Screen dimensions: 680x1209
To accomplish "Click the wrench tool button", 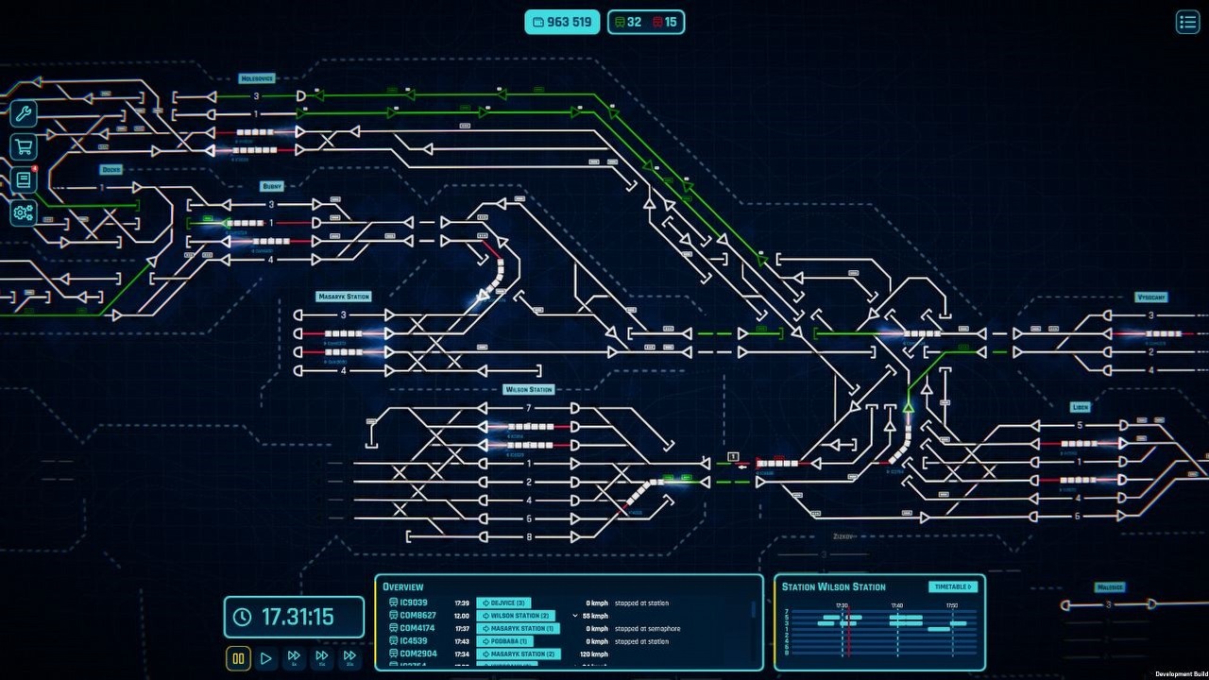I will point(24,115).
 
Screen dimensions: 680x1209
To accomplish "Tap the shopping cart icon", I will point(24,146).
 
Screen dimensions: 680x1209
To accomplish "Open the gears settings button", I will point(24,212).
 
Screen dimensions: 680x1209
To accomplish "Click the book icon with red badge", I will point(24,179).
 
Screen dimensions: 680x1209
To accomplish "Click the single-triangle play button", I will point(266,658).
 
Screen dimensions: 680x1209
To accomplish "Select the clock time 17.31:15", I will point(295,617).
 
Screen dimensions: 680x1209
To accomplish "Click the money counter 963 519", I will point(563,22).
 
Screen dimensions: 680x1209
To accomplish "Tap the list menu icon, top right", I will point(1187,22).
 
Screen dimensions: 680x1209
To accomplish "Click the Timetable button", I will point(953,586).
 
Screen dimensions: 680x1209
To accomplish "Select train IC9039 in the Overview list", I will point(414,603).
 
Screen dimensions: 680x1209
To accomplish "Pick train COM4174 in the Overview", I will point(417,628).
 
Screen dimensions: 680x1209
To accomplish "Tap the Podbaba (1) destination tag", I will point(510,641).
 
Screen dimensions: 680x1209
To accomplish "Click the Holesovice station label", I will point(257,78).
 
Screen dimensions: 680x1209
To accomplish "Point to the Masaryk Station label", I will point(343,297).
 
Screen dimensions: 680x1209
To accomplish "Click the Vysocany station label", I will point(1151,297).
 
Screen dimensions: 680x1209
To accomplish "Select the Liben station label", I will point(1081,407).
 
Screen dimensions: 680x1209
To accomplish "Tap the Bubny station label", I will point(272,186).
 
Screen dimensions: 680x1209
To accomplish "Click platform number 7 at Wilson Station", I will point(529,408).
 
